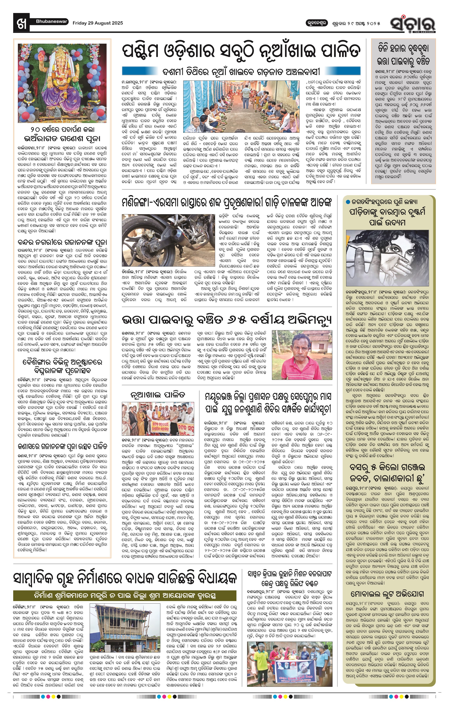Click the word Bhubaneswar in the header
point(52,21)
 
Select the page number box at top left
point(21,23)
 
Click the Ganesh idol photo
point(62,83)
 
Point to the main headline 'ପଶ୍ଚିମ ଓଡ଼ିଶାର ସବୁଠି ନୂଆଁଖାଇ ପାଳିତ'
point(241,52)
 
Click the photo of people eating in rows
point(241,107)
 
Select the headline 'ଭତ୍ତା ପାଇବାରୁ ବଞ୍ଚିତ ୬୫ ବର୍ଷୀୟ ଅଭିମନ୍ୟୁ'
point(227,320)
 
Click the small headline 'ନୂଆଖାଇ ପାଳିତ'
point(158,395)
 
